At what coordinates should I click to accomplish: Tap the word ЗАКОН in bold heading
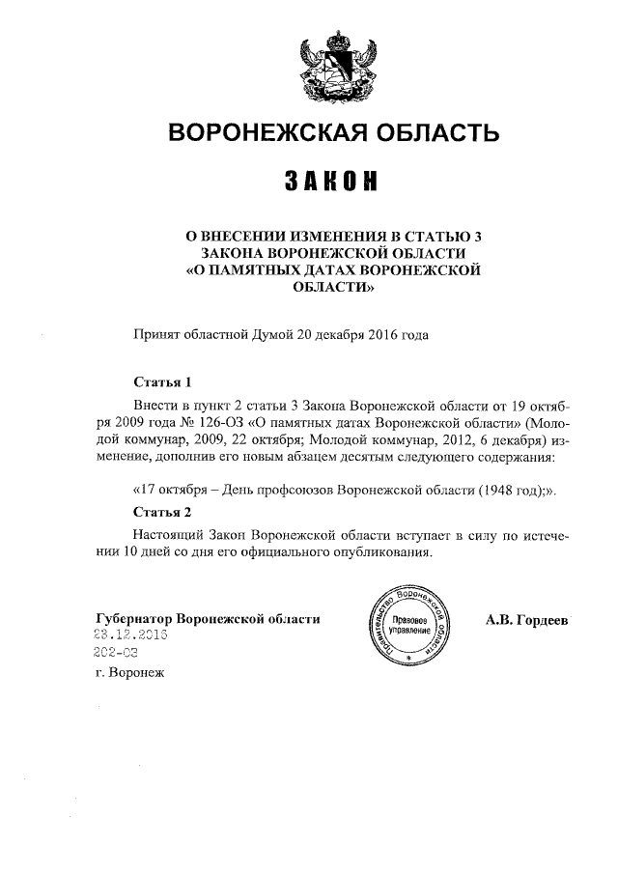point(331,181)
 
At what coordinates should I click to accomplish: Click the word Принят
point(155,336)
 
